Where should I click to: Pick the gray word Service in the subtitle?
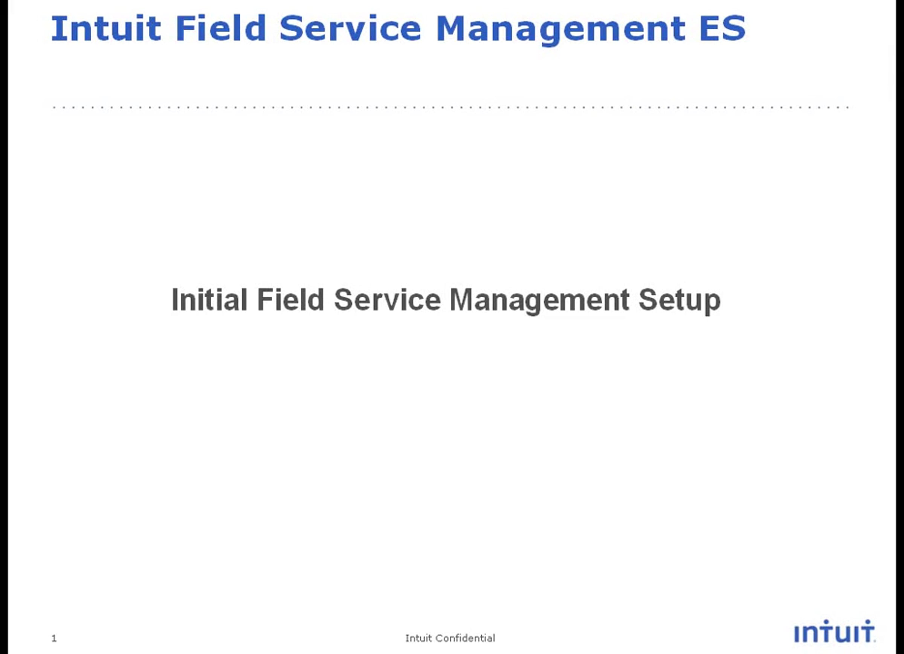pos(388,300)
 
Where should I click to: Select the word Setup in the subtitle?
pos(680,301)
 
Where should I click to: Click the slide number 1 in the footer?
pos(54,639)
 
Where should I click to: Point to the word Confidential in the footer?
pos(465,638)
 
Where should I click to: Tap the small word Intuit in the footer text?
pos(418,638)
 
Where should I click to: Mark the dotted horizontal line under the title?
pos(451,108)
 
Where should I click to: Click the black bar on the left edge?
pos(4,327)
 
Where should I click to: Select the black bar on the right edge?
pos(899,327)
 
